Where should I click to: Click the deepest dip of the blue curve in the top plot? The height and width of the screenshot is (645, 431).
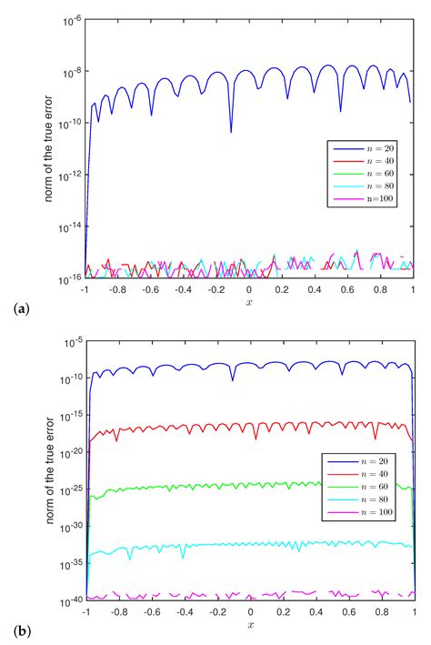coord(230,131)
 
